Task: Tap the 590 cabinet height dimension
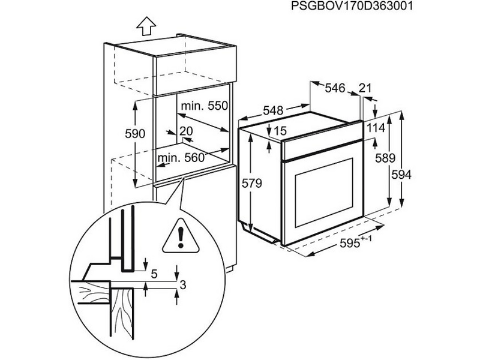136,135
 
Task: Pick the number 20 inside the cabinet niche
185,131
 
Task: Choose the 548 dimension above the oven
273,111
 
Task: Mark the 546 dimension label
335,88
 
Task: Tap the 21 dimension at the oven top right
365,88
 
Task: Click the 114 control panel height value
376,128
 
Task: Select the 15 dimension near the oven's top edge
280,131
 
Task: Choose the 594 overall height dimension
403,175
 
